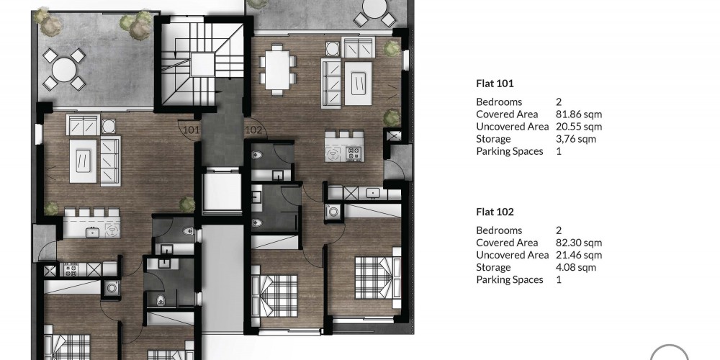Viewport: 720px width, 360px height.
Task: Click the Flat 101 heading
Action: (495, 84)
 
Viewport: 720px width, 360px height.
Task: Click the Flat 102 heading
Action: (495, 212)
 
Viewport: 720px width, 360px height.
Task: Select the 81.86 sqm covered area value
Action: (579, 114)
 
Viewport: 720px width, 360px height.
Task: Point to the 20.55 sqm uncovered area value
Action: (579, 127)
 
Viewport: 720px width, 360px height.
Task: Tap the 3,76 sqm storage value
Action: (576, 139)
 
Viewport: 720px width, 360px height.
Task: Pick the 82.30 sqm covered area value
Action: (579, 243)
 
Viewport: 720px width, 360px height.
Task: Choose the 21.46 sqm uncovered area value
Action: (579, 256)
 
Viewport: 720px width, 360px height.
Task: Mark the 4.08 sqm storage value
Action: (576, 268)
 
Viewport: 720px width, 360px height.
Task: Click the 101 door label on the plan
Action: (191, 130)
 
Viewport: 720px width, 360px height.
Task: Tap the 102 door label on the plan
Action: (253, 130)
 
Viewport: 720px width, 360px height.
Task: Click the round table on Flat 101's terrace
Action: (64, 70)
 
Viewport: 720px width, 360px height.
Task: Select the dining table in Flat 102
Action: (277, 70)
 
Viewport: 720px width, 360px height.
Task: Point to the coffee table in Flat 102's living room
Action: (358, 83)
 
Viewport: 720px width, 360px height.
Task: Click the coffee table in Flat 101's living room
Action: (83, 161)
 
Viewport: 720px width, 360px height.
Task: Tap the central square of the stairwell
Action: (202, 64)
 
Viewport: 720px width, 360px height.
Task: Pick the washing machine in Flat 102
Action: (333, 212)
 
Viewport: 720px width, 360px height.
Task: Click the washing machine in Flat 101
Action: (112, 289)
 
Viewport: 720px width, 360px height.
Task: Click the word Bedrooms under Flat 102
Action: (499, 230)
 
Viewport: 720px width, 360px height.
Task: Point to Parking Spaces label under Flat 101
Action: (510, 151)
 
